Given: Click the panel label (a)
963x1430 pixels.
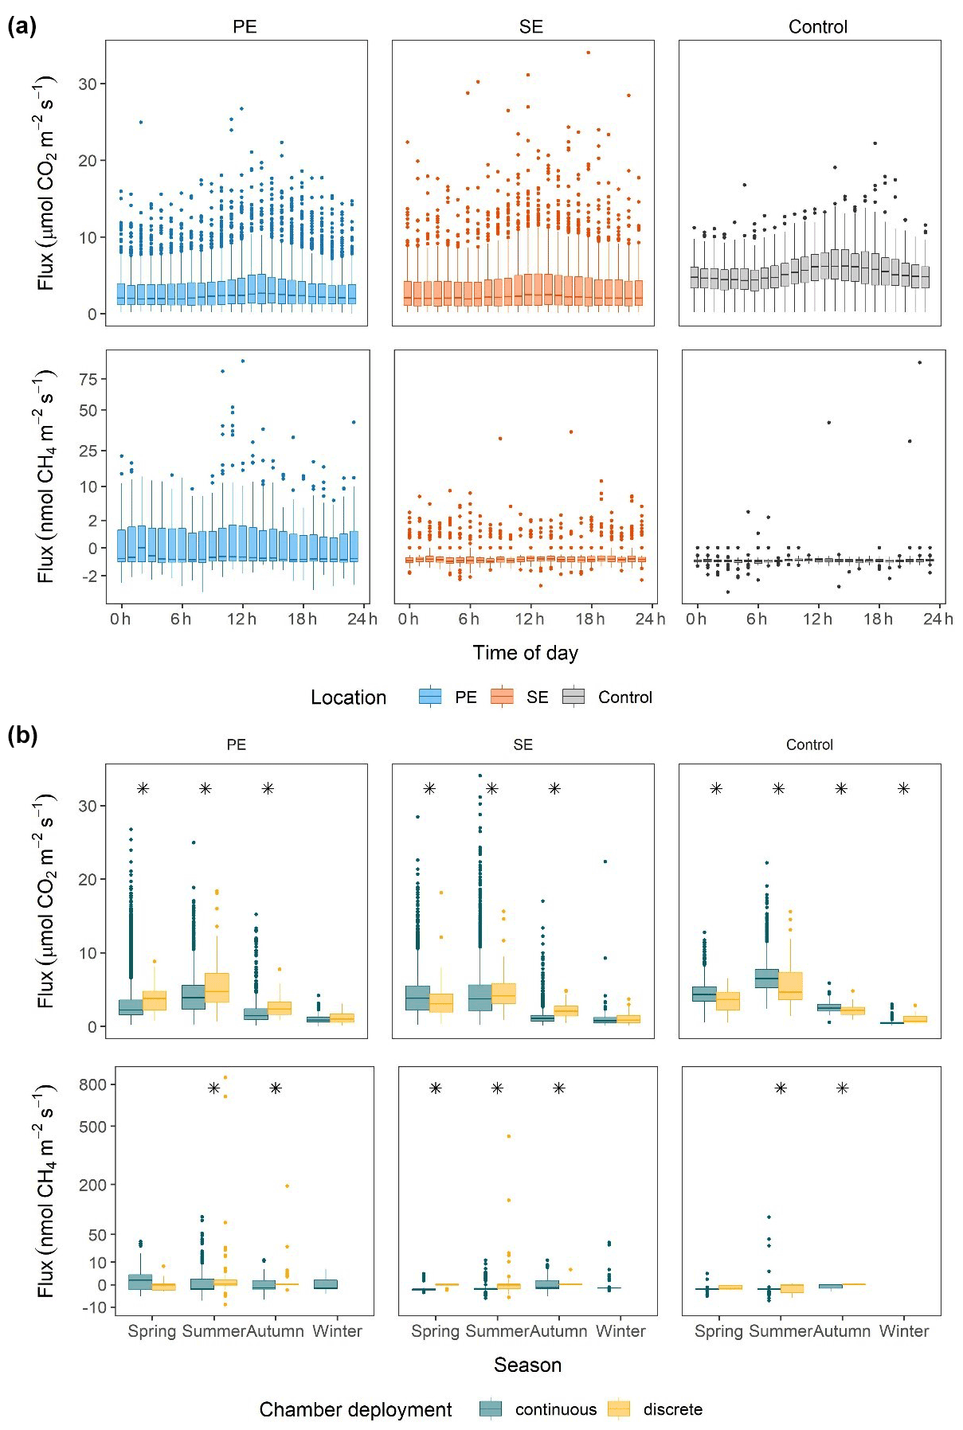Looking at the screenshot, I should pos(22,26).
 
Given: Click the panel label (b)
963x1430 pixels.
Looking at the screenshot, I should pos(22,735).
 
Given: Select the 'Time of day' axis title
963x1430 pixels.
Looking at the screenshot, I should pos(525,653).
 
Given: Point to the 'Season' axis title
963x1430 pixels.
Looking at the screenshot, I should pos(527,1365).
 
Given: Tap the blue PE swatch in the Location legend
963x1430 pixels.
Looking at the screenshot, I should pos(430,697).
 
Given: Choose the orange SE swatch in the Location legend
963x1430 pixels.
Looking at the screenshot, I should pos(502,697).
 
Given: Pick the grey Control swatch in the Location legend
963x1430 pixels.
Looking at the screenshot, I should pos(573,697).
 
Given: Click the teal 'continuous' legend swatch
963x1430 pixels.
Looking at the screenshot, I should pos(491,1409).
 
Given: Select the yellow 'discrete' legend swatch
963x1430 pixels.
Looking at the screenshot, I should pos(618,1409).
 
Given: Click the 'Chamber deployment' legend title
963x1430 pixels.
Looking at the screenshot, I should pos(355,1409).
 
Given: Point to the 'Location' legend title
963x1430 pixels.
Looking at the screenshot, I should pos(348,697).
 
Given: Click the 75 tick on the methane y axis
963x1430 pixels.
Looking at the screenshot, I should pos(88,380).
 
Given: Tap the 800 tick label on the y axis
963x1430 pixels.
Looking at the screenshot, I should pos(92,1084).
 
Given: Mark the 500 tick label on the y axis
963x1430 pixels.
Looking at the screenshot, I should pos(92,1127).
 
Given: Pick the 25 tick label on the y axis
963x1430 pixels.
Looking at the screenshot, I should pos(88,451).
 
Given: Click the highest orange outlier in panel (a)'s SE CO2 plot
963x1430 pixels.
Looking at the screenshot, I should pos(588,53).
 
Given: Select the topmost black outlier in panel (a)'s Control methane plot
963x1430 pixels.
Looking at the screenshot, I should pos(919,362).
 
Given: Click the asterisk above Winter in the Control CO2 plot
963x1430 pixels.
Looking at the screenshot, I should pos(903,788).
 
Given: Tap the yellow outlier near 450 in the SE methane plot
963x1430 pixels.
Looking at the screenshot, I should pos(509,1136).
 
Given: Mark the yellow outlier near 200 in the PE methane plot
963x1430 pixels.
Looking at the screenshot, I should pos(288,1186).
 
